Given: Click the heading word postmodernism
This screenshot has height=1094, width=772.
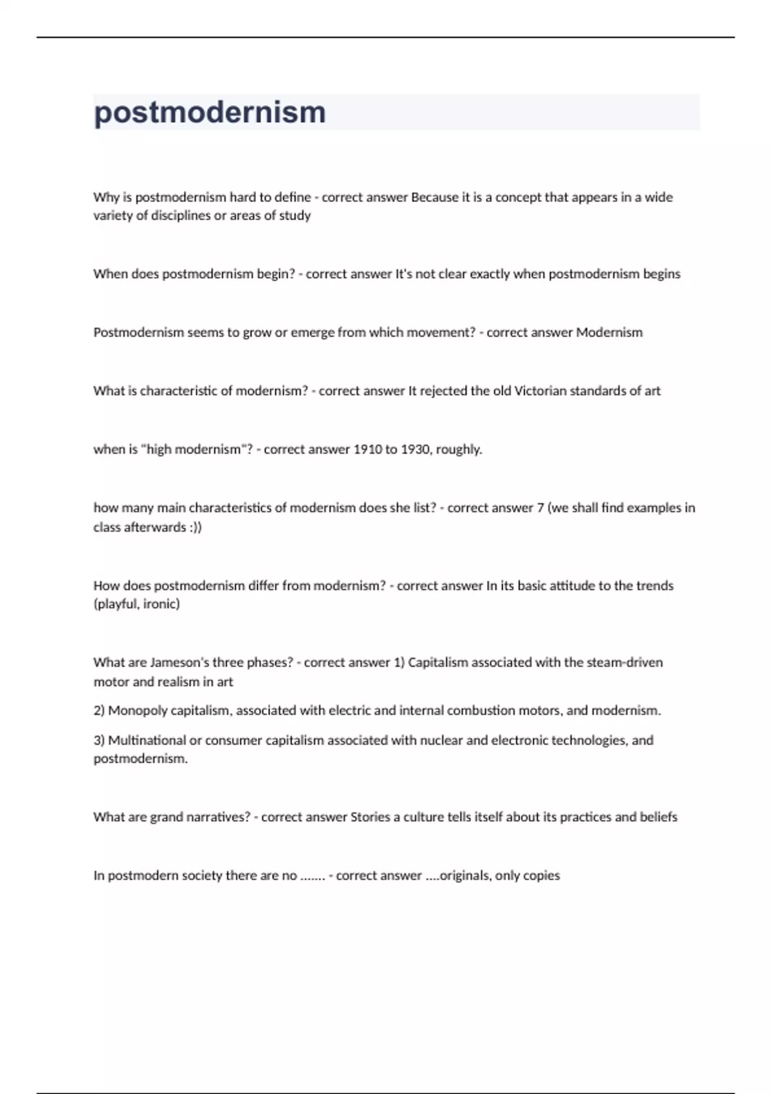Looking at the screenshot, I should pyautogui.click(x=210, y=113).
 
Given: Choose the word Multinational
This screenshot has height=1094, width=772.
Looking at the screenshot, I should pyautogui.click(x=146, y=740).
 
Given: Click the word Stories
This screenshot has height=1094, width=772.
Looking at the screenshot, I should pyautogui.click(x=370, y=817).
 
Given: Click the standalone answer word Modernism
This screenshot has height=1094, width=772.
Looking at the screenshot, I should pyautogui.click(x=609, y=332).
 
